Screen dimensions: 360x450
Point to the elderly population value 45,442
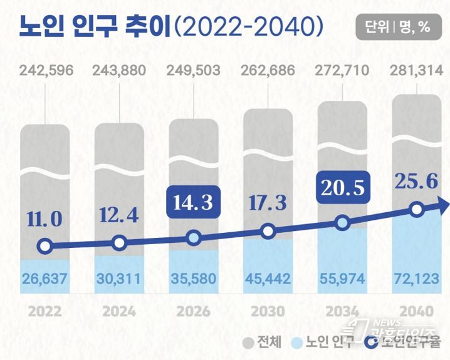click(x=268, y=277)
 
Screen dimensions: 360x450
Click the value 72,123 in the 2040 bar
click(x=416, y=277)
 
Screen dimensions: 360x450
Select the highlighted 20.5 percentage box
click(x=342, y=187)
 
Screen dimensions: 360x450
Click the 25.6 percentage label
click(x=415, y=182)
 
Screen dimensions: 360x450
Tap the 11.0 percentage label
click(x=44, y=219)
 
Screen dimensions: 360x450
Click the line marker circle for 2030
click(x=268, y=232)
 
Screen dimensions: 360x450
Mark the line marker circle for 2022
click(x=44, y=246)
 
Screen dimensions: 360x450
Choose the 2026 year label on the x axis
click(x=193, y=311)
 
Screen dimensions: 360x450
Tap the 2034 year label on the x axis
click(x=342, y=311)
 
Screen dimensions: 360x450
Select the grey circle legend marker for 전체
click(x=247, y=342)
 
